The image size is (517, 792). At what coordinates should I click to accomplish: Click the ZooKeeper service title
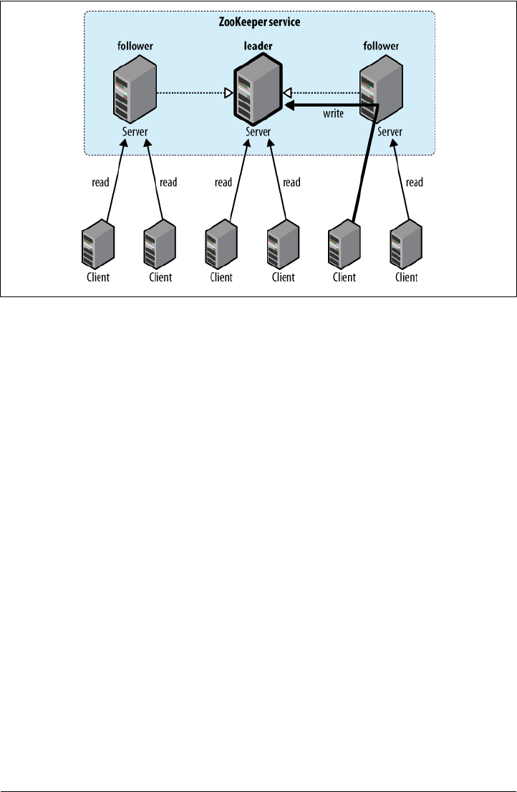click(x=258, y=22)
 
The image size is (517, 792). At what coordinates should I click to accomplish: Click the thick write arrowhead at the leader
click(x=289, y=106)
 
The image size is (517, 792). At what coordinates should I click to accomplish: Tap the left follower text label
click(x=134, y=47)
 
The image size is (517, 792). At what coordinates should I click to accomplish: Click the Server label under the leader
click(x=258, y=132)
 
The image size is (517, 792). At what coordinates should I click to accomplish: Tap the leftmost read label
click(x=100, y=183)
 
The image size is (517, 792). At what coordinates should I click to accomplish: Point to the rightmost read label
click(x=414, y=183)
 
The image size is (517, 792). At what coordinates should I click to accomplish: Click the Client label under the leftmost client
click(x=98, y=278)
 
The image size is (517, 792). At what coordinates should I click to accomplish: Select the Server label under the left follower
click(x=134, y=132)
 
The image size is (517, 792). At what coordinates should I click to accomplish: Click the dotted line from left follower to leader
click(x=190, y=92)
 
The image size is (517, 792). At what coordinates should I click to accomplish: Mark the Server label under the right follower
click(x=390, y=132)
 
